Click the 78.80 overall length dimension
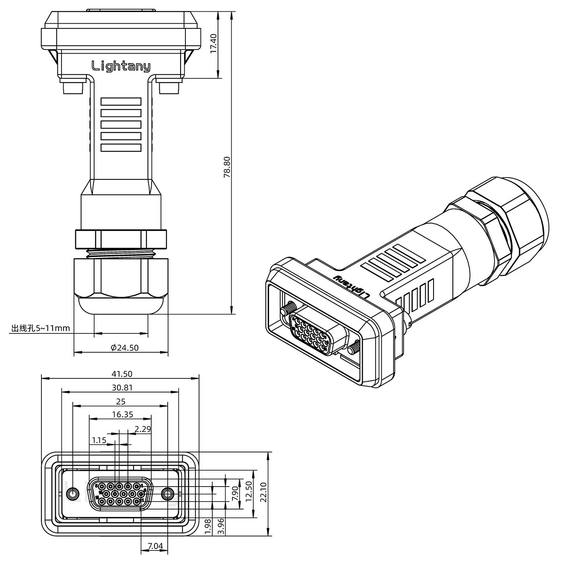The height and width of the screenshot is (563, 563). pos(227,167)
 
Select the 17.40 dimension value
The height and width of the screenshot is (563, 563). pos(214,43)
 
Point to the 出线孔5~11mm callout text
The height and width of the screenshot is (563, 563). pos(40,329)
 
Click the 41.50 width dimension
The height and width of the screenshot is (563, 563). pos(122,374)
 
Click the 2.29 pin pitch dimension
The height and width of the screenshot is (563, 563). pos(143,429)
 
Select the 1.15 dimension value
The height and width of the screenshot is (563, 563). pos(99,440)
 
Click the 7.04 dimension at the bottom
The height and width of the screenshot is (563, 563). pos(155,546)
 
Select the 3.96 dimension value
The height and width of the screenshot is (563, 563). pos(220,526)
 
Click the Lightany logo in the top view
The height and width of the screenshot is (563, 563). pos(121,66)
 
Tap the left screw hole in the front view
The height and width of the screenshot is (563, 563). pos(72,493)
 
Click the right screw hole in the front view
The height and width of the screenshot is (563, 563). pos(167,493)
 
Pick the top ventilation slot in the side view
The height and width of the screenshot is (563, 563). pos(121,101)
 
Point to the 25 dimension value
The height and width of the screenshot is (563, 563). pos(121,401)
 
